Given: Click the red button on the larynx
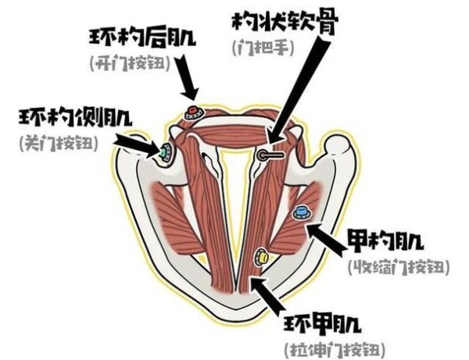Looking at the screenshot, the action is tap(194, 112).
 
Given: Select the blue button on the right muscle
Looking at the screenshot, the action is tap(302, 212).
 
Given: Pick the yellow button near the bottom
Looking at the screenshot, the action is tap(261, 257).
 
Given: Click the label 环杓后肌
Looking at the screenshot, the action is tap(142, 38).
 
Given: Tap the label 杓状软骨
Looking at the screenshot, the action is tap(285, 22).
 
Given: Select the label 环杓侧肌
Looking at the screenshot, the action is tap(75, 117).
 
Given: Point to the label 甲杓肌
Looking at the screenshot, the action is tap(385, 241).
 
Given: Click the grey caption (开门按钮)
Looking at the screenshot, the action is tap(130, 63).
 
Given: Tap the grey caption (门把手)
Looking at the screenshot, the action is tap(263, 48).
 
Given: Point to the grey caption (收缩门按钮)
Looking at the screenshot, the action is tap(399, 267).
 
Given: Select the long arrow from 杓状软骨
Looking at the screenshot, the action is tap(299, 94).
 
